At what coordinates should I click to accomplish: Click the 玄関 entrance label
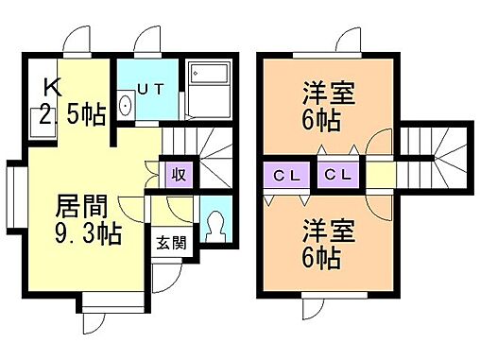[x=170, y=241]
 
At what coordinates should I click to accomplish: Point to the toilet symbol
[x=214, y=225]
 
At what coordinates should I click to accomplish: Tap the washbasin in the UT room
[x=126, y=105]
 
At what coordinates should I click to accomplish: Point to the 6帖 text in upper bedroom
[x=322, y=122]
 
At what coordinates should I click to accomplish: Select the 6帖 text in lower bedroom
[x=322, y=256]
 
